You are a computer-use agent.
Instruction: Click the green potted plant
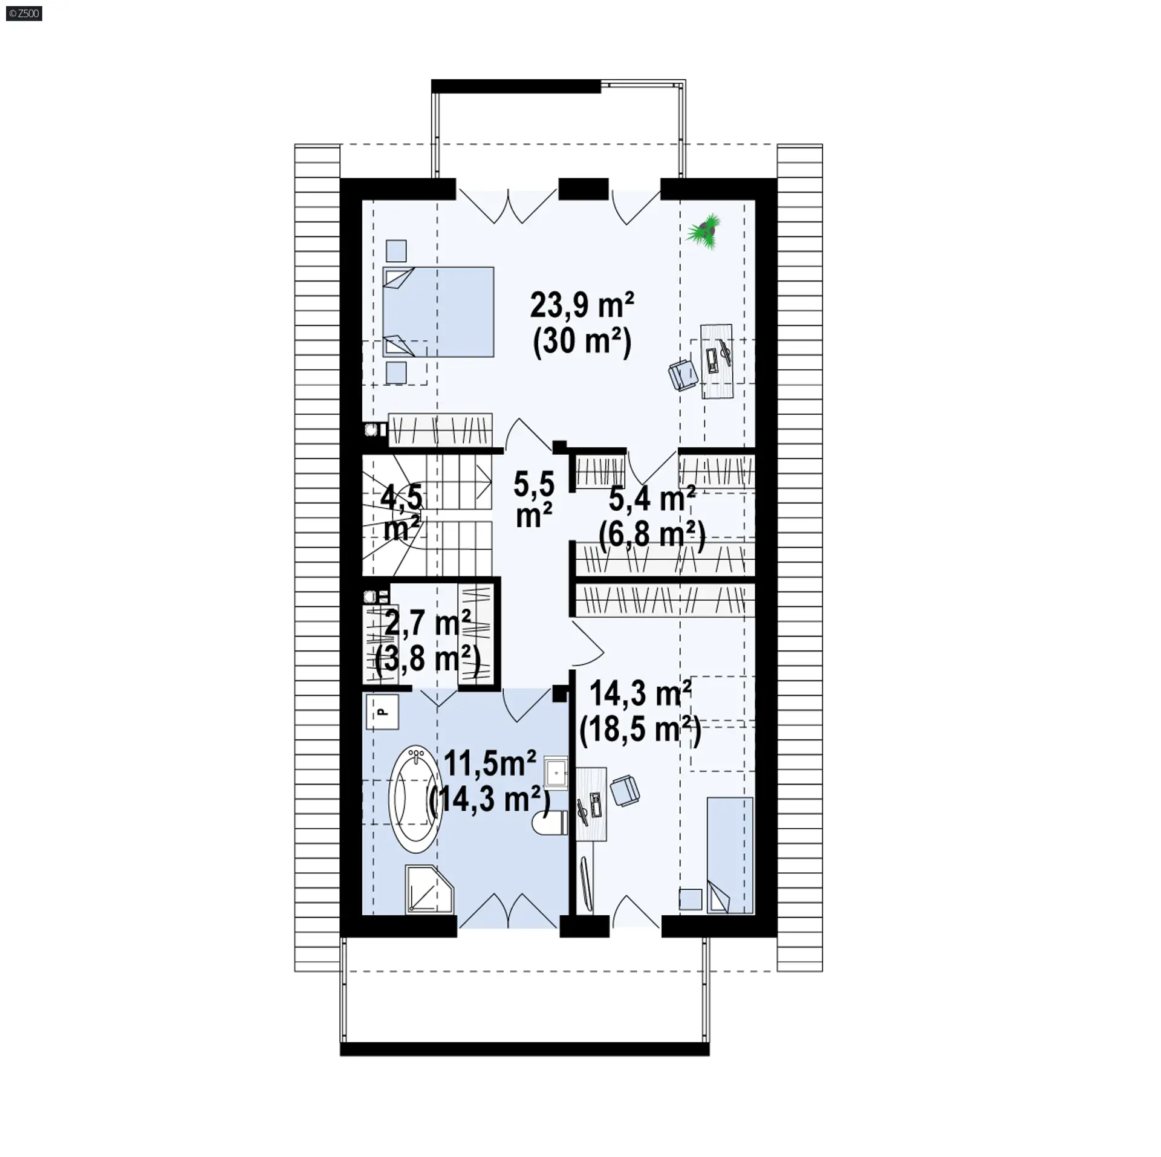click(x=704, y=231)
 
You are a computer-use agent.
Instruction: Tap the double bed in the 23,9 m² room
click(x=438, y=312)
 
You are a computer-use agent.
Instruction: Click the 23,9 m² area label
click(x=582, y=305)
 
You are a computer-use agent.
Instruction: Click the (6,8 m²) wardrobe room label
click(x=652, y=536)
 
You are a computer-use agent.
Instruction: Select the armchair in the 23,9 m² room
click(x=683, y=374)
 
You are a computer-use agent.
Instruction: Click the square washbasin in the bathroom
click(x=556, y=772)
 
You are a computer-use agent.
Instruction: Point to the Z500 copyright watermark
click(x=25, y=13)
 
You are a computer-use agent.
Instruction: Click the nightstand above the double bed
click(x=396, y=250)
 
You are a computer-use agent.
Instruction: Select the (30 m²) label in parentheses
click(x=582, y=343)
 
